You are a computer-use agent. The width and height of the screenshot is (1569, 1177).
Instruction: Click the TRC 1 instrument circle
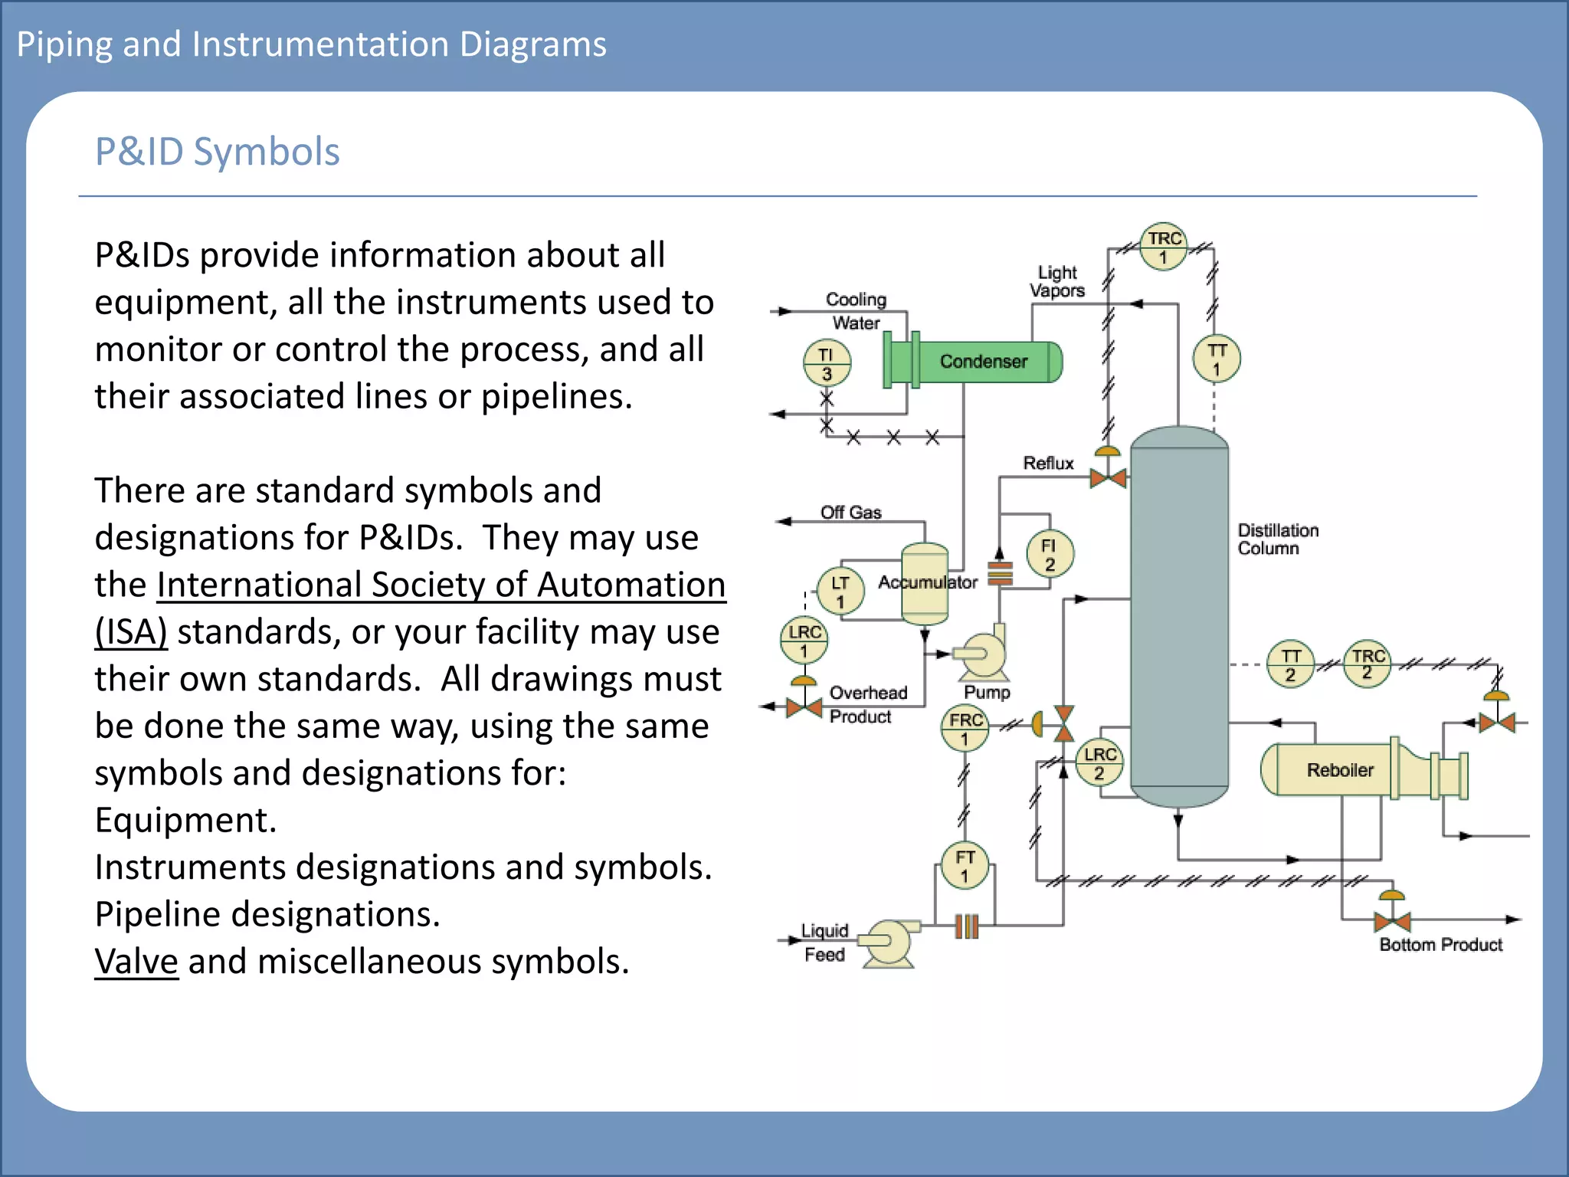1163,247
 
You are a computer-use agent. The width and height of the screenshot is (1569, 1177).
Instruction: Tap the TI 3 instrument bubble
827,363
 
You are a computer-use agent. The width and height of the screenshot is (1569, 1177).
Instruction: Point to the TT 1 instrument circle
1217,359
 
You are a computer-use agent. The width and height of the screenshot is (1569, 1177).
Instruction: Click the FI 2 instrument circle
1050,554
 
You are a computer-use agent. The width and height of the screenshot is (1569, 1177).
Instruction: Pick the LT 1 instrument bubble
840,591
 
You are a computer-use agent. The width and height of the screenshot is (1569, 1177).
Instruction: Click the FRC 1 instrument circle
965,729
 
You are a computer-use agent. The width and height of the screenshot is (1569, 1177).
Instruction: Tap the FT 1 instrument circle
965,865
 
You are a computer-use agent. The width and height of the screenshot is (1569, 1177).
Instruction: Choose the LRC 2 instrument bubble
1099,762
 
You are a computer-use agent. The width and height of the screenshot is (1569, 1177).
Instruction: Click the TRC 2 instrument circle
1368,664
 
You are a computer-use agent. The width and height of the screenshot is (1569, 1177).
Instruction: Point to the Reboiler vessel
1339,769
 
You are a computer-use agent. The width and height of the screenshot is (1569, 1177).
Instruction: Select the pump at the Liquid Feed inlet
889,942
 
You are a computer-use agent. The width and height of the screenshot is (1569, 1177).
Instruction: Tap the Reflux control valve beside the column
1108,478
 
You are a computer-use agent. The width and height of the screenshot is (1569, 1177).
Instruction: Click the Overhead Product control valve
804,706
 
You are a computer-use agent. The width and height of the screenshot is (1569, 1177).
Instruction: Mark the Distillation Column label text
1277,539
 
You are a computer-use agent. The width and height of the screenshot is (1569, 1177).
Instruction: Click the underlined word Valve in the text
136,961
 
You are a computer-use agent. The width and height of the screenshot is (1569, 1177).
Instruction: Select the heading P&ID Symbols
217,151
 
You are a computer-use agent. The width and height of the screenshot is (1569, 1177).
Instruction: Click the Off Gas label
850,512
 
